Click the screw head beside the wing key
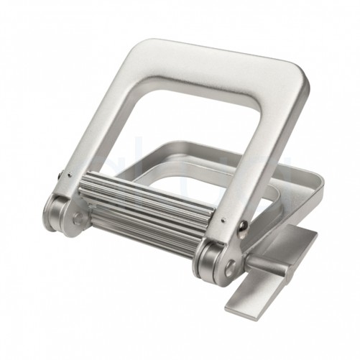[x=245, y=227]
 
